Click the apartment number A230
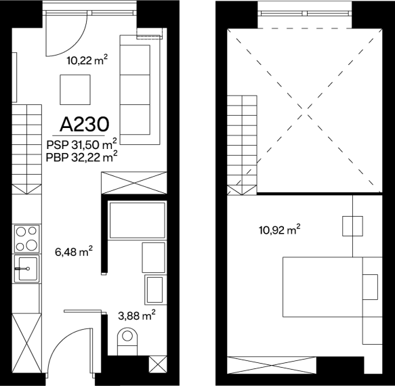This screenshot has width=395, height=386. click(x=85, y=125)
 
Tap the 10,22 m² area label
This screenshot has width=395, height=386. click(x=87, y=60)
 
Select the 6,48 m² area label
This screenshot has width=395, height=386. click(x=74, y=251)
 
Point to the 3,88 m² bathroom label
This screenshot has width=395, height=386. click(x=137, y=315)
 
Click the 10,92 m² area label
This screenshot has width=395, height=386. click(x=280, y=230)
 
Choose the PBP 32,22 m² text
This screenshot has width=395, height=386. click(x=81, y=157)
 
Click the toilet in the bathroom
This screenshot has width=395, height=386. click(x=127, y=341)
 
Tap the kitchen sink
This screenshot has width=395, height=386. click(x=26, y=269)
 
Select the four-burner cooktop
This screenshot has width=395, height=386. click(x=27, y=238)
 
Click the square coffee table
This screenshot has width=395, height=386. click(x=75, y=89)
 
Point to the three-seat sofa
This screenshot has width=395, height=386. click(x=140, y=90)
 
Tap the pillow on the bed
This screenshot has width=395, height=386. click(x=370, y=287)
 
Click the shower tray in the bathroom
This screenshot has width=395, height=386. click(x=138, y=220)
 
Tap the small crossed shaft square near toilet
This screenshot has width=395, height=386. click(x=158, y=364)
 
